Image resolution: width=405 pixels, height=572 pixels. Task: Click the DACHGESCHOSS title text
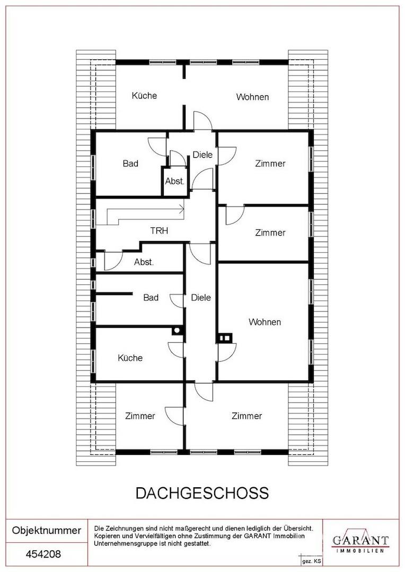tap(202, 493)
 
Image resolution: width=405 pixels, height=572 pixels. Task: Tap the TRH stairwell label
tap(159, 230)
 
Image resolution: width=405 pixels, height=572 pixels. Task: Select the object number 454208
tap(43, 555)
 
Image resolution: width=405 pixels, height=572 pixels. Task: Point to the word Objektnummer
tap(47, 530)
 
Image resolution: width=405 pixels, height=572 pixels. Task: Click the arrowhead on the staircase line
tap(181, 209)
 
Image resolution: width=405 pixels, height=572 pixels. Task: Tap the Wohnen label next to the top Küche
tap(252, 97)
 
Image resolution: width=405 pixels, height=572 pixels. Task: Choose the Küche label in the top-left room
tap(144, 95)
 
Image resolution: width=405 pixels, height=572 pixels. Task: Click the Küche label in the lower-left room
tap(130, 358)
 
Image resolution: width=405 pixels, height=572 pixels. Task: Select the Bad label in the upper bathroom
tap(130, 164)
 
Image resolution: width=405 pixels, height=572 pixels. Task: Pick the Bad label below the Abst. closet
tap(151, 298)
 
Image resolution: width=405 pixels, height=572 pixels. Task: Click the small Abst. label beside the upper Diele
tap(175, 181)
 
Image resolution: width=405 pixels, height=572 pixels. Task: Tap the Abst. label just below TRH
tap(144, 262)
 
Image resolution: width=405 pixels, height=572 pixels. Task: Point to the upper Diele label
tap(202, 155)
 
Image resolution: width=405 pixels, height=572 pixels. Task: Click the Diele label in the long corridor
tap(201, 298)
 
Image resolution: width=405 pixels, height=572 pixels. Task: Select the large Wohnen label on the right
tap(265, 322)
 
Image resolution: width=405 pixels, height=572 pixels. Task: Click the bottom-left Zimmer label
tap(140, 416)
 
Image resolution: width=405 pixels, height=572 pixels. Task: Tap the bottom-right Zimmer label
tap(246, 416)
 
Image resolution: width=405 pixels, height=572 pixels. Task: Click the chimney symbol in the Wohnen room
tap(225, 338)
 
